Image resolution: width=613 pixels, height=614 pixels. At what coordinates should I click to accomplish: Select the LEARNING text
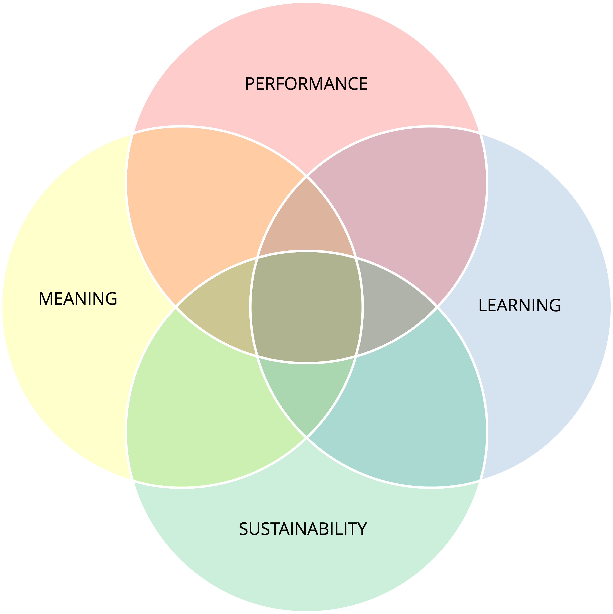coord(519,305)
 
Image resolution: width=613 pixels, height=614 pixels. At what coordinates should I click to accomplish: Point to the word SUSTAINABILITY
coord(303,529)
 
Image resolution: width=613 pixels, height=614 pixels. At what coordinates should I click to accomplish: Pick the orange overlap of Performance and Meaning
coord(203,203)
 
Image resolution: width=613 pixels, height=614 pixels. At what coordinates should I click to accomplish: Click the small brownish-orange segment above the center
coord(306,222)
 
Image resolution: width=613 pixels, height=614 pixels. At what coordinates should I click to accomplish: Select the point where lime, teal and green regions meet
coord(306,438)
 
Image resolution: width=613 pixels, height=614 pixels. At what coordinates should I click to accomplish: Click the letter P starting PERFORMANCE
coord(250,84)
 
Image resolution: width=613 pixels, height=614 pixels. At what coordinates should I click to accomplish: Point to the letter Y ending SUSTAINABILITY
coord(362,529)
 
